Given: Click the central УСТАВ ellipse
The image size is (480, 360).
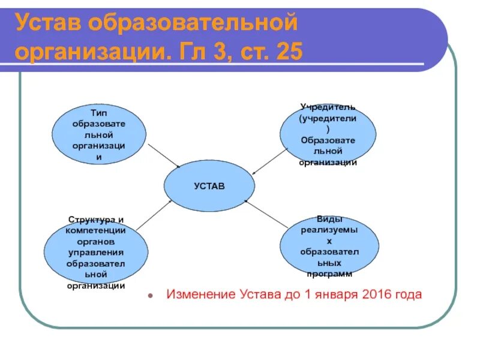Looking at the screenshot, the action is click(x=209, y=186).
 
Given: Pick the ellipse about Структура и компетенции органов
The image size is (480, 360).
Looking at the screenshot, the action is click(x=96, y=252).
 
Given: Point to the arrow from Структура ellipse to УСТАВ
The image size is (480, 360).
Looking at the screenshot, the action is click(x=154, y=215).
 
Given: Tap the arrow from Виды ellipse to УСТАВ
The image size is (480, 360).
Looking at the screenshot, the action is click(x=267, y=214).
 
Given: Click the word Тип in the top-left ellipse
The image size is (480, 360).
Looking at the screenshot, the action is click(x=98, y=112).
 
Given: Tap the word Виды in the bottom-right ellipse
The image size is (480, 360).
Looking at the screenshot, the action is click(x=329, y=220).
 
